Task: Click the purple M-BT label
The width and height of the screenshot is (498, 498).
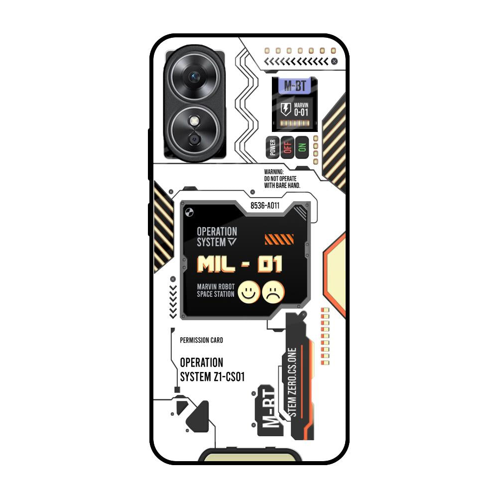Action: click(x=295, y=86)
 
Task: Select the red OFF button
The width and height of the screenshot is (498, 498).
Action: click(x=287, y=147)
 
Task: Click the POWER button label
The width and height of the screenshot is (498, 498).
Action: click(x=272, y=147)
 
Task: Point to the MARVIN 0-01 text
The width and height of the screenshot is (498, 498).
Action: click(x=301, y=109)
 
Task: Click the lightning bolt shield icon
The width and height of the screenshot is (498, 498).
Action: click(x=285, y=110)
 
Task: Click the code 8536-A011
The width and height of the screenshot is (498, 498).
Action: click(x=265, y=205)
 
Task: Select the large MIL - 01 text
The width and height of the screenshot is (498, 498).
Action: click(x=240, y=264)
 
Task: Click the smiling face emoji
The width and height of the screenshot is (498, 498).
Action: click(x=248, y=292)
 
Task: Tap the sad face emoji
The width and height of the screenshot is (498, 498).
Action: click(x=273, y=292)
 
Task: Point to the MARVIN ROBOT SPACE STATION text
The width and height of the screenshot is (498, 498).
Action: click(x=215, y=290)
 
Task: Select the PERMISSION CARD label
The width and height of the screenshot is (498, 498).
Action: click(x=201, y=340)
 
